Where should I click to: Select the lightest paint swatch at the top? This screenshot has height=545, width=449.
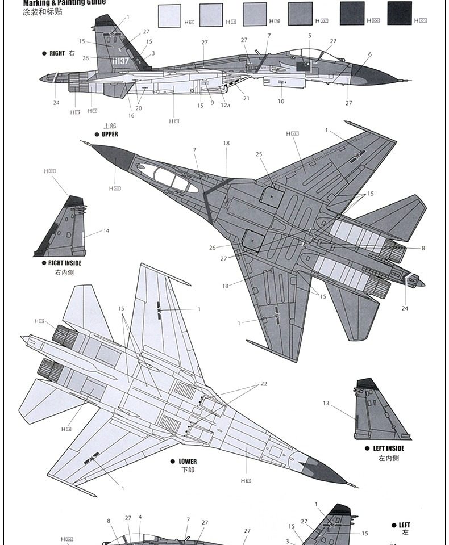click(x=169, y=15)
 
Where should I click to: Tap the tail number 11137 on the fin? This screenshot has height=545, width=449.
click(x=121, y=60)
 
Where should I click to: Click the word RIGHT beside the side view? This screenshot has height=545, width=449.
click(x=57, y=53)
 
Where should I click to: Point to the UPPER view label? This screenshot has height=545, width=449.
click(x=110, y=135)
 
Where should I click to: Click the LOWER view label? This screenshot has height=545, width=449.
click(x=188, y=462)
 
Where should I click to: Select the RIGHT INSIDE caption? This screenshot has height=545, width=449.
click(x=65, y=263)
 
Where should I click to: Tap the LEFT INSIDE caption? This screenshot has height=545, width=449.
click(x=389, y=448)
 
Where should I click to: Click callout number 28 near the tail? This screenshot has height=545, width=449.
click(x=85, y=58)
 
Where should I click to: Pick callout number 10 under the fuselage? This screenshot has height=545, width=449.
click(x=281, y=102)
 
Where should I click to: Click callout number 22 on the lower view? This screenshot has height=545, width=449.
click(x=264, y=384)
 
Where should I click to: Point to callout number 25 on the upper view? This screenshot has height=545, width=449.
click(x=259, y=154)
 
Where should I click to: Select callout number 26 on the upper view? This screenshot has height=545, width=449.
click(x=213, y=248)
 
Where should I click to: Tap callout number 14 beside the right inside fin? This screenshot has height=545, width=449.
click(x=106, y=230)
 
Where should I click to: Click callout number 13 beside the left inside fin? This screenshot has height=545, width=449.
click(x=326, y=403)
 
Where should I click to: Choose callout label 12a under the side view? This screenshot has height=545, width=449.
click(x=225, y=106)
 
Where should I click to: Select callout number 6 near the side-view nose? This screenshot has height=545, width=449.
click(x=369, y=54)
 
